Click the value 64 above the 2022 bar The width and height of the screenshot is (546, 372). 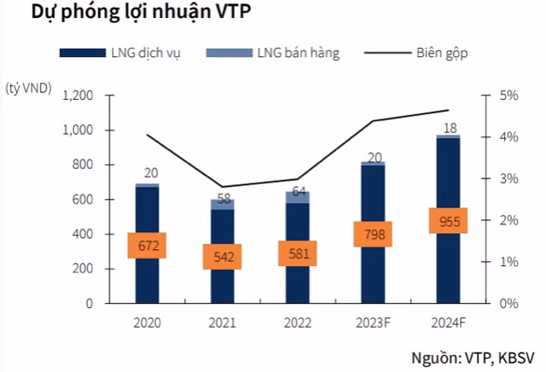[x=297, y=190]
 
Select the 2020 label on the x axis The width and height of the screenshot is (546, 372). [x=147, y=323]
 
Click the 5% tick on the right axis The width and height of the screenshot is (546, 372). [x=508, y=96]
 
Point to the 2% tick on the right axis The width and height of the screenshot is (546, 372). [x=508, y=220]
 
